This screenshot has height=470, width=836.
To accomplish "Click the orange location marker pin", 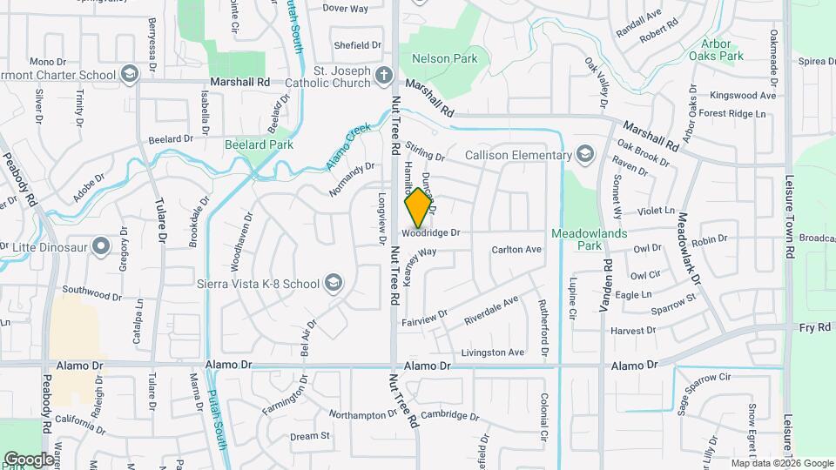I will (419, 207).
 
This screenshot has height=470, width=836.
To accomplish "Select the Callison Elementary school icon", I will (586, 155).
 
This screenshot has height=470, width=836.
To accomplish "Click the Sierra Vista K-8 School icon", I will (332, 282).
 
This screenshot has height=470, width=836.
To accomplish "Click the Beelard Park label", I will (258, 144).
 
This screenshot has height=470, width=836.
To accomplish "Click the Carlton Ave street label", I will (516, 250).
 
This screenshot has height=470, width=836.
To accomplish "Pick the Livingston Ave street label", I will (492, 352).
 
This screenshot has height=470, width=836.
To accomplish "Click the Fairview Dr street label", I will (425, 318).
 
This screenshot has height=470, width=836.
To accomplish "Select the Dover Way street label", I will (345, 8).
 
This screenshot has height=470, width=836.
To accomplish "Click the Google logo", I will (29, 459).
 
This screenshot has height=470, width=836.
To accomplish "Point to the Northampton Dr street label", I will (363, 415).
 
